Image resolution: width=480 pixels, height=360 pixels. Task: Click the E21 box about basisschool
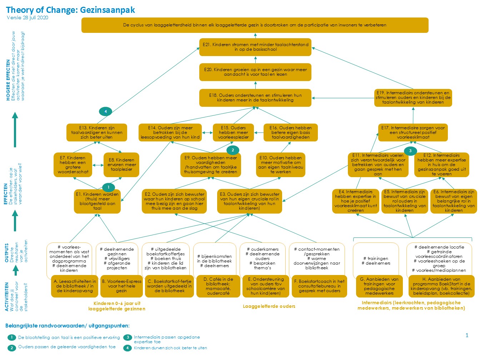click(255, 47)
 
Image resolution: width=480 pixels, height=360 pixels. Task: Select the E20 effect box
click(255, 72)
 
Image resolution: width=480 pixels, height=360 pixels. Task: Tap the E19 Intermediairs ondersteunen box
click(413, 97)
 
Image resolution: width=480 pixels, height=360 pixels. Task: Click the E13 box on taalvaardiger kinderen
click(96, 132)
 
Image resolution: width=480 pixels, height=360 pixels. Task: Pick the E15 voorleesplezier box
click(233, 132)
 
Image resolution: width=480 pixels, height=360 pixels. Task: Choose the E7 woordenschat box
click(73, 165)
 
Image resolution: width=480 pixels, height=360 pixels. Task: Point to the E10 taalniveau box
click(280, 165)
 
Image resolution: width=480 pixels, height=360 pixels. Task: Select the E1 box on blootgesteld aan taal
click(97, 201)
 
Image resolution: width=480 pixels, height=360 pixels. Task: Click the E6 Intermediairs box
click(454, 201)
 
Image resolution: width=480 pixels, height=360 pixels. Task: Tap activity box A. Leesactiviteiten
click(75, 286)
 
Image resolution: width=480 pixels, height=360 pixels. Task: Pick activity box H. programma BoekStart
click(441, 286)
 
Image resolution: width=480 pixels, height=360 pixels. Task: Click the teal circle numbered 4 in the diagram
click(105, 111)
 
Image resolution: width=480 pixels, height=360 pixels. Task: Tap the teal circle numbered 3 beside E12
click(410, 151)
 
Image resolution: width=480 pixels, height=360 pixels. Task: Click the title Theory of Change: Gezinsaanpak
click(71, 10)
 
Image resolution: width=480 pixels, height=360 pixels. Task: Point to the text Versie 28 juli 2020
click(27, 18)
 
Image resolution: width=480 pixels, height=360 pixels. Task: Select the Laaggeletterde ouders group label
click(269, 306)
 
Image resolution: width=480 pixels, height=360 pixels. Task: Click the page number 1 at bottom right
click(467, 335)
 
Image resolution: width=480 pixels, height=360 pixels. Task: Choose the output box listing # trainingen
click(376, 261)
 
